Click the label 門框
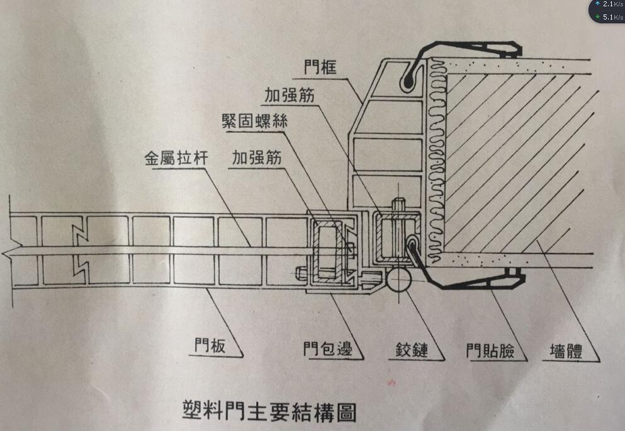pyautogui.click(x=319, y=67)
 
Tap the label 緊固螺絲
pyautogui.click(x=254, y=122)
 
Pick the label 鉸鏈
pyautogui.click(x=412, y=348)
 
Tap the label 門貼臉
pyautogui.click(x=488, y=350)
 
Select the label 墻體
pyautogui.click(x=561, y=350)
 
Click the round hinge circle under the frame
pyautogui.click(x=398, y=279)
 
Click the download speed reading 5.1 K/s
pyautogui.click(x=612, y=17)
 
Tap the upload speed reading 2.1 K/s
pyautogui.click(x=612, y=4)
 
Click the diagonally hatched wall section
pyautogui.click(x=516, y=158)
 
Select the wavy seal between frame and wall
pyautogui.click(x=434, y=158)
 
